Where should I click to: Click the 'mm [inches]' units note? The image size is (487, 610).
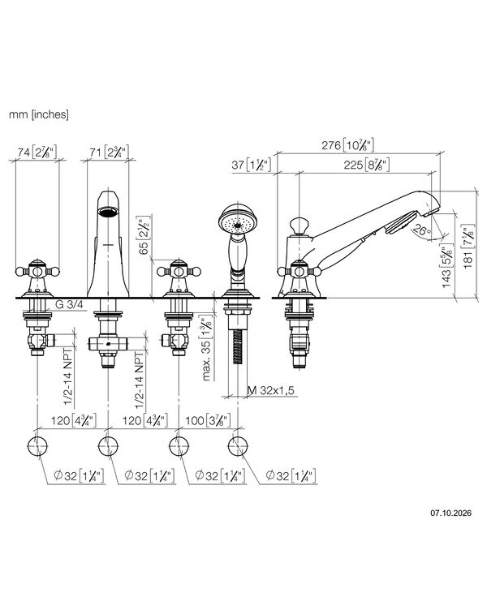[39, 114]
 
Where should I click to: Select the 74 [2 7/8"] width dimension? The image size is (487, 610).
[37, 152]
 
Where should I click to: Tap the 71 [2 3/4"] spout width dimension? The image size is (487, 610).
[109, 152]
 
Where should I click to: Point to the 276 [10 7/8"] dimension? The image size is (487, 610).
[347, 145]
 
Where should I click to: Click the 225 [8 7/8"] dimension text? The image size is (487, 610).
[366, 165]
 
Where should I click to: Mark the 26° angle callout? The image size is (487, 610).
[421, 230]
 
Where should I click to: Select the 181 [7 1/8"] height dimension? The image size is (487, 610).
[468, 247]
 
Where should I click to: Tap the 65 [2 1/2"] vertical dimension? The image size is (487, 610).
[144, 235]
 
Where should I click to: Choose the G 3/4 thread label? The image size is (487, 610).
[69, 305]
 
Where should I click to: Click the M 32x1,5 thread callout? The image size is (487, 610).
[271, 390]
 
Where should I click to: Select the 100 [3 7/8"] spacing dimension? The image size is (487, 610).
[208, 420]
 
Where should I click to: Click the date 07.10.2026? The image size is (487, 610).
[450, 513]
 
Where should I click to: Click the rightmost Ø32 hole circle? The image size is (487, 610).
[238, 446]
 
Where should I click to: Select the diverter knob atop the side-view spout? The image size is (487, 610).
[299, 226]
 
